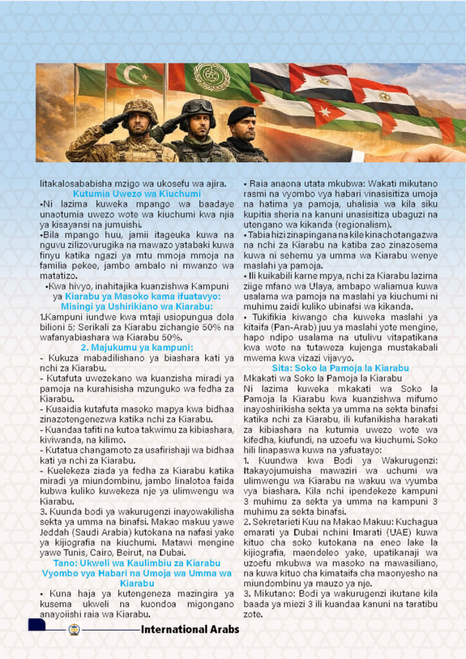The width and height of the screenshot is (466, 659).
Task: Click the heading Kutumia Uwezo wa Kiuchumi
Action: tap(136, 194)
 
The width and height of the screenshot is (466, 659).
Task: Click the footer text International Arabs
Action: tap(190, 629)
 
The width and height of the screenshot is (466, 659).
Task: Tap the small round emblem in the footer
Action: tap(73, 629)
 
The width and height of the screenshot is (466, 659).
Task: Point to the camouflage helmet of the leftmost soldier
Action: tap(140, 106)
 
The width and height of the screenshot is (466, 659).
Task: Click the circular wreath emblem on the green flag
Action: tap(212, 78)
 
